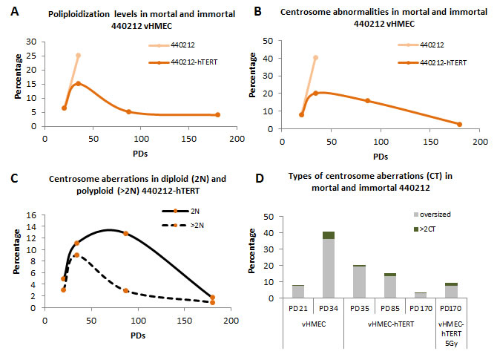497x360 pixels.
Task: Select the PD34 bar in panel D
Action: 328,264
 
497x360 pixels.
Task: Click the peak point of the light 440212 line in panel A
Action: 78,56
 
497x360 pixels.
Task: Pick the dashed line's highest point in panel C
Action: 76,255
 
